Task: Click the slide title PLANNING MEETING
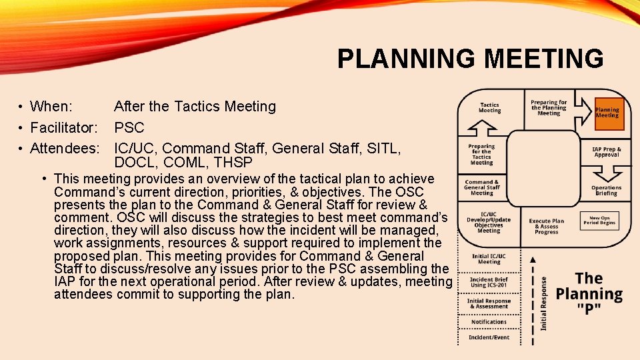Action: pos(470,59)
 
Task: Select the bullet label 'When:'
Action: pos(52,107)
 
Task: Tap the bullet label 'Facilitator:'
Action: pos(65,127)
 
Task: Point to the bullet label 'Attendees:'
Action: pos(65,148)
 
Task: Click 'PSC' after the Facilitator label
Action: pos(129,127)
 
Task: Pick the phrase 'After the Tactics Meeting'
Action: pos(195,107)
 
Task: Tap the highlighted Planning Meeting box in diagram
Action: pos(607,112)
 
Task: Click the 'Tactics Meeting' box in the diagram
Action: pos(489,108)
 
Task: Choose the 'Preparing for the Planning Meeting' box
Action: pos(549,108)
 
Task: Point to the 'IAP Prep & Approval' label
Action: pos(607,152)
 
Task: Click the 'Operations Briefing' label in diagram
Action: pos(606,191)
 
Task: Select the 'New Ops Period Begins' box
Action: pos(599,220)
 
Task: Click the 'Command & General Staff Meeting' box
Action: pos(482,188)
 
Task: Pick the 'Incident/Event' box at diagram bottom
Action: pos(489,337)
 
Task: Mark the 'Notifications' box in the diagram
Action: pos(489,321)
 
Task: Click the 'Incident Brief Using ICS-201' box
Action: pos(489,282)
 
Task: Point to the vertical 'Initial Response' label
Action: pos(545,303)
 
